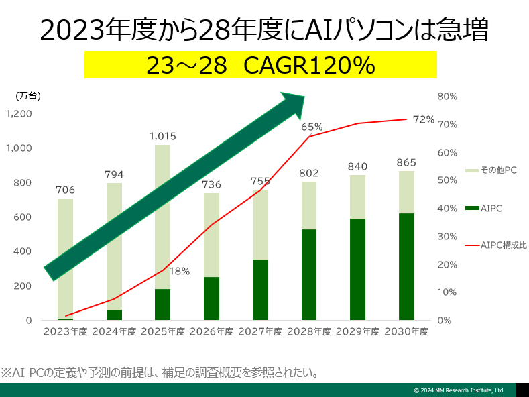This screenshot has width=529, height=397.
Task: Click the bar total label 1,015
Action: (x=162, y=136)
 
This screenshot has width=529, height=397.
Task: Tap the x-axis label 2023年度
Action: (x=65, y=331)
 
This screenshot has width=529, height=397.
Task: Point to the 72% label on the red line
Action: (x=424, y=119)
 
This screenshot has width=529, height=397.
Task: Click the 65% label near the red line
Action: (x=312, y=127)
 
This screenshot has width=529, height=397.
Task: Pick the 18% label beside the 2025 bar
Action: (x=179, y=272)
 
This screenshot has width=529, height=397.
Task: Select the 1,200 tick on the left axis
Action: (x=19, y=114)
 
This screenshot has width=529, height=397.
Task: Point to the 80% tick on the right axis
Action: (x=447, y=97)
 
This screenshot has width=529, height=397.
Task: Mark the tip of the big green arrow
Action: (x=304, y=95)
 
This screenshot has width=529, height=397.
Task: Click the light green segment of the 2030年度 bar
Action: (x=406, y=192)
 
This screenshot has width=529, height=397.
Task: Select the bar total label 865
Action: (x=406, y=162)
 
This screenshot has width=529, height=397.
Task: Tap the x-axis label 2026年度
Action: (x=211, y=331)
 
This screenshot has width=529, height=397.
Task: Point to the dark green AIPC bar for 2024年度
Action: (x=114, y=315)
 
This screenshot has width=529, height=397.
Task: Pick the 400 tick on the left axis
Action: (x=23, y=251)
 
